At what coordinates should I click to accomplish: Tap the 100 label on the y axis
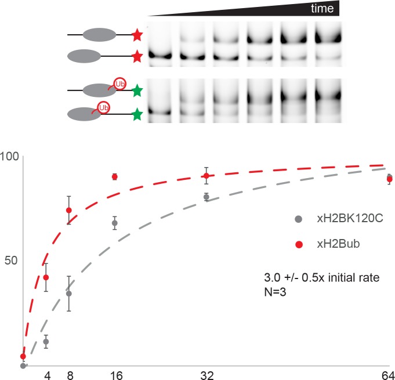click(x=10, y=157)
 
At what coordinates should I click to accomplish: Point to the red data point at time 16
click(x=115, y=176)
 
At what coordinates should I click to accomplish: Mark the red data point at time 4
click(x=46, y=277)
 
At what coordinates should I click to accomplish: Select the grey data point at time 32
click(x=206, y=197)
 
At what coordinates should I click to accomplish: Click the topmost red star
click(x=137, y=36)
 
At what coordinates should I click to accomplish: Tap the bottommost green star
click(x=137, y=115)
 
